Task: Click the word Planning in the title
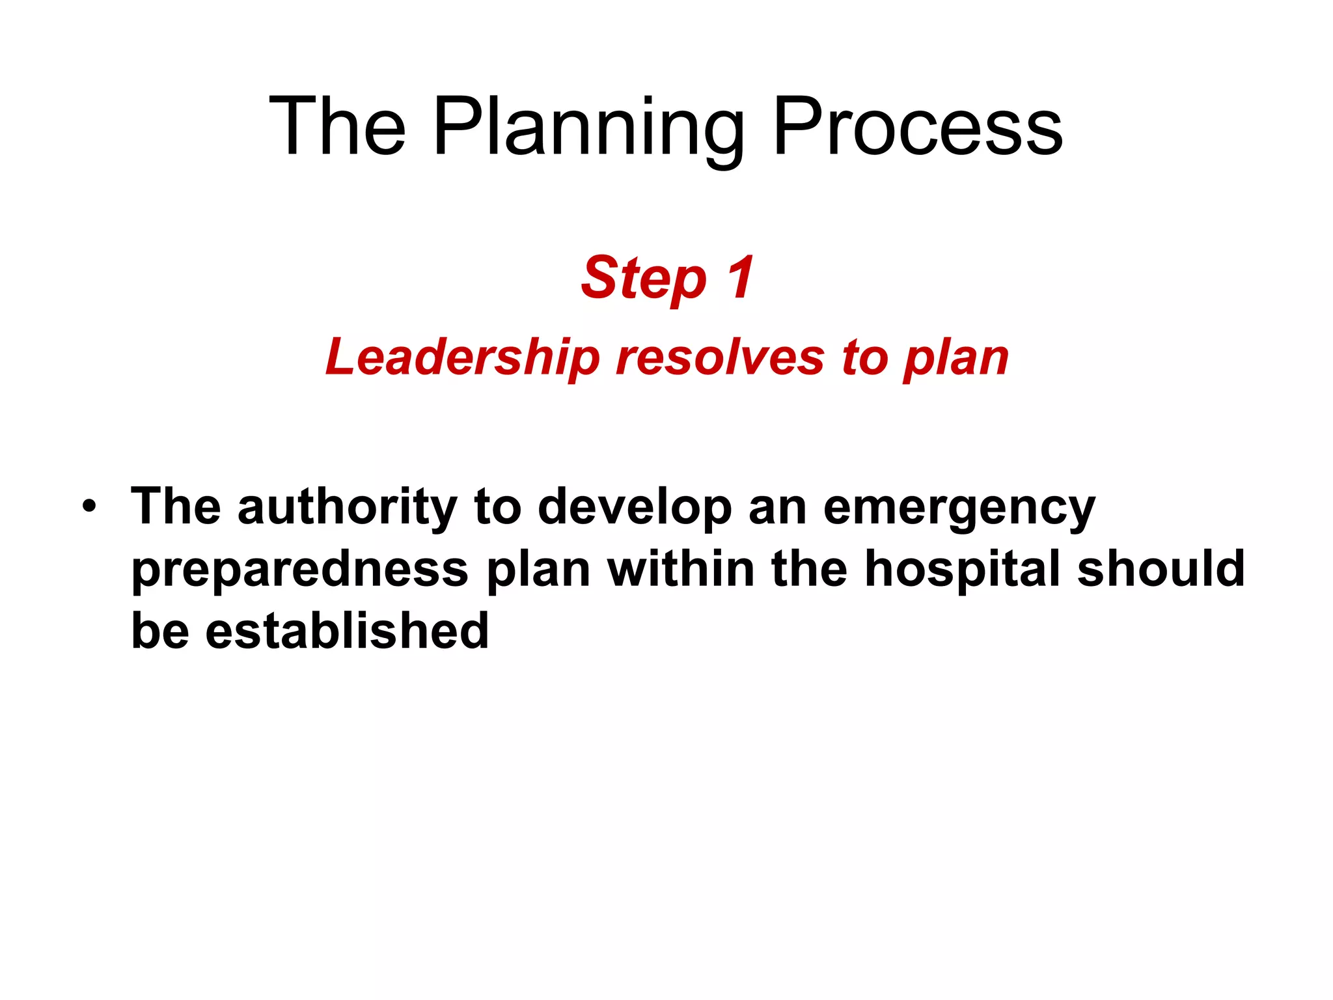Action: (x=589, y=127)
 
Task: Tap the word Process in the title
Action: (x=918, y=127)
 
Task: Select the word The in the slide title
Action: (x=337, y=127)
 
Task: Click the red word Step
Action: (x=644, y=279)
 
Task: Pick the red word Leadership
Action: (x=462, y=357)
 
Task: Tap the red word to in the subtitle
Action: (x=864, y=357)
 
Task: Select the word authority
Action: (x=348, y=507)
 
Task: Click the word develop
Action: (x=635, y=508)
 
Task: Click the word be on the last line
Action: (x=160, y=630)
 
